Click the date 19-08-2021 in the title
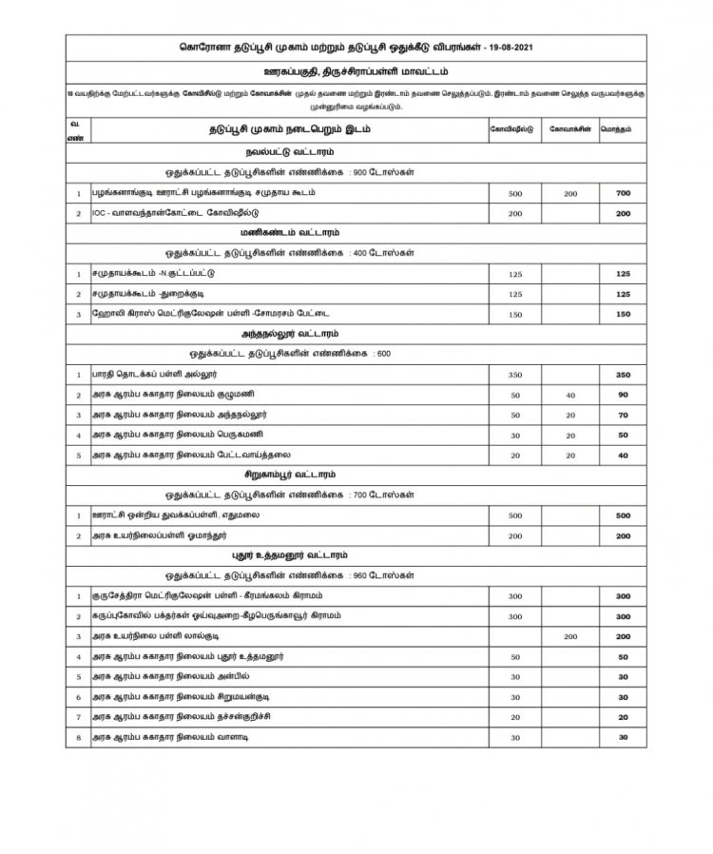coord(521,48)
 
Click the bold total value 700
coord(624,194)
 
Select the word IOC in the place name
coord(100,214)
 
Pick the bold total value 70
coord(624,415)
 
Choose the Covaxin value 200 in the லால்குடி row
coord(570,635)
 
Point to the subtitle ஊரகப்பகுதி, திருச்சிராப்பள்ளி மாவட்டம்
coord(356,73)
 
